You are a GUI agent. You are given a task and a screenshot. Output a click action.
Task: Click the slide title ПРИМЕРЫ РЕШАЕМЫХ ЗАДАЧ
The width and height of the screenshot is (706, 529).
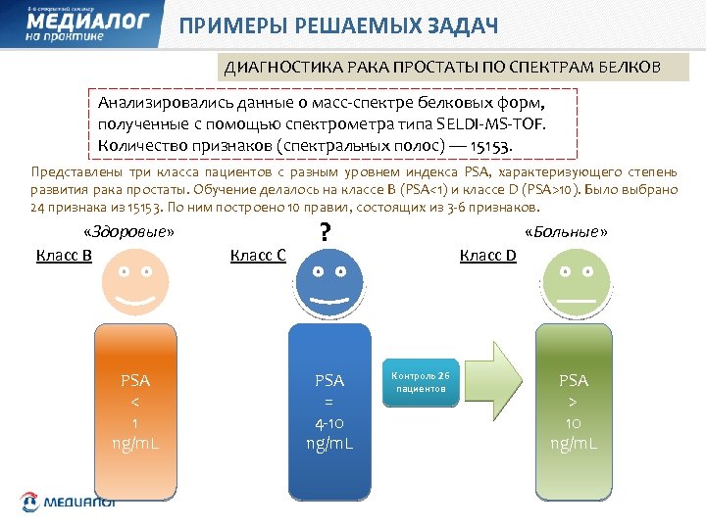click(338, 25)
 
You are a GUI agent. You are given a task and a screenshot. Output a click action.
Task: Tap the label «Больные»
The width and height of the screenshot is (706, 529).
click(567, 232)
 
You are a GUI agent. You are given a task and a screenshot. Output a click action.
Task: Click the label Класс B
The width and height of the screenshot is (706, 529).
click(64, 256)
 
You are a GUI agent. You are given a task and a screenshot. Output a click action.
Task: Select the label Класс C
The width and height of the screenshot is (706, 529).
click(258, 256)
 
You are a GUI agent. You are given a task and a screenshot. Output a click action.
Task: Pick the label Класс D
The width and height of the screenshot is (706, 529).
click(488, 256)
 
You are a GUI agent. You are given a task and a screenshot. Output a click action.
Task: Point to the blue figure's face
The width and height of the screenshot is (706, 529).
click(329, 282)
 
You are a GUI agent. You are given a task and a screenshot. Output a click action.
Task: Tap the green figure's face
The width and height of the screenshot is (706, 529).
click(575, 282)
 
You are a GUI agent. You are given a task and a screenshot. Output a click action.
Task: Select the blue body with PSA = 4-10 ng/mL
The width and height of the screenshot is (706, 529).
click(329, 411)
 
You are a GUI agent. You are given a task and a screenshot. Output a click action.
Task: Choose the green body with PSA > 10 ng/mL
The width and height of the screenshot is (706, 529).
click(575, 411)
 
